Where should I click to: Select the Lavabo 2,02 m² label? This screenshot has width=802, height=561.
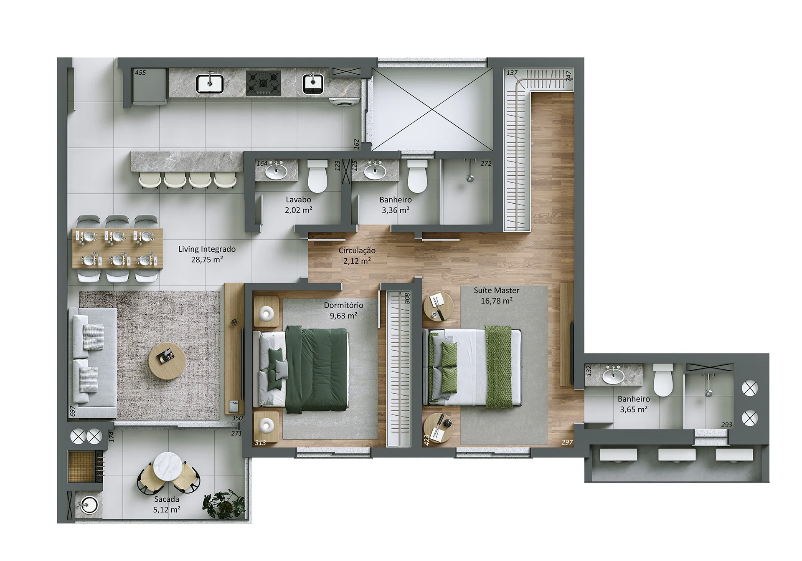(298, 205)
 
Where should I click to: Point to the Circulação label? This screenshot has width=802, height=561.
(357, 255)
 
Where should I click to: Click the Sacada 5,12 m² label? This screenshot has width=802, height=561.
(167, 504)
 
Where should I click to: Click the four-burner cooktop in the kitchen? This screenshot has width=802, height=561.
(263, 83)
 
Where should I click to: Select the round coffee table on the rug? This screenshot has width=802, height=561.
(167, 361)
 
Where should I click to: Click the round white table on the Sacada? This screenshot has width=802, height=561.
(169, 466)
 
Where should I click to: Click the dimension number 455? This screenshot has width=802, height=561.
(140, 73)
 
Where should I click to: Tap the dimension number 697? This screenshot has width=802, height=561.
(72, 411)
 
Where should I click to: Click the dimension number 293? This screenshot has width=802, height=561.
(726, 425)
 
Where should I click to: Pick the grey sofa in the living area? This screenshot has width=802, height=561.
(92, 363)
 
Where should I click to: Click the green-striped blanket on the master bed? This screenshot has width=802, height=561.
(498, 366)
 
